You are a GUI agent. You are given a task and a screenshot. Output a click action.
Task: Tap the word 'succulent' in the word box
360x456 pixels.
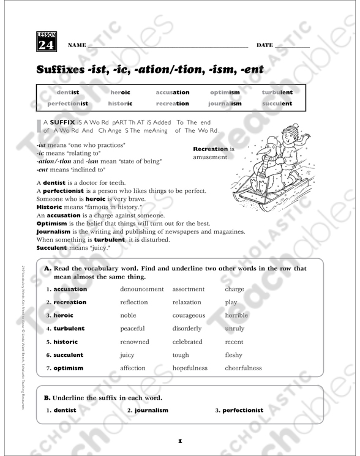pos(277,104)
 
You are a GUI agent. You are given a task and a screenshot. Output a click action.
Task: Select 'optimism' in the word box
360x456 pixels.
pos(225,92)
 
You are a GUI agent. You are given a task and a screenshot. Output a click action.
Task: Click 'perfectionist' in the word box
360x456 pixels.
pos(68,104)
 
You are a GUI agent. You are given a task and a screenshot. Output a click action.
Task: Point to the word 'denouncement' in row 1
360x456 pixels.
pos(142,289)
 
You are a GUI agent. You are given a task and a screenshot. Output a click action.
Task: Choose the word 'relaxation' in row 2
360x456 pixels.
pos(187,302)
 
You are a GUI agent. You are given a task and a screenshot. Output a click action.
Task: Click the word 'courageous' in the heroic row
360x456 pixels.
pos(189,315)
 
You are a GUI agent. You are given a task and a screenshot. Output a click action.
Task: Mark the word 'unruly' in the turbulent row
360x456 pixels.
pos(234,329)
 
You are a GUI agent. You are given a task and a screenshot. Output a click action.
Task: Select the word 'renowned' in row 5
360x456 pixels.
pos(135,342)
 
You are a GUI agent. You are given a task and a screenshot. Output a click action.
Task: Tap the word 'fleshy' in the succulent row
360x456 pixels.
pos(234,355)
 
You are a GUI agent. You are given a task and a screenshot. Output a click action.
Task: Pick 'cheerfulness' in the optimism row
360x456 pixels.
pos(243,368)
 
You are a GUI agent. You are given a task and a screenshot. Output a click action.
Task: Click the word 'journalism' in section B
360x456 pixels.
pos(151,410)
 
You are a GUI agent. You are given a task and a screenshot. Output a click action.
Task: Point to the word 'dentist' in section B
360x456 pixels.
pos(65,410)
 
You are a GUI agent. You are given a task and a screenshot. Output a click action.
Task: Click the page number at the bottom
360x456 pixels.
pos(180,441)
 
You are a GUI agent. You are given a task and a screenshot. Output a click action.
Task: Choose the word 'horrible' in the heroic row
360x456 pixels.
pos(237,315)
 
